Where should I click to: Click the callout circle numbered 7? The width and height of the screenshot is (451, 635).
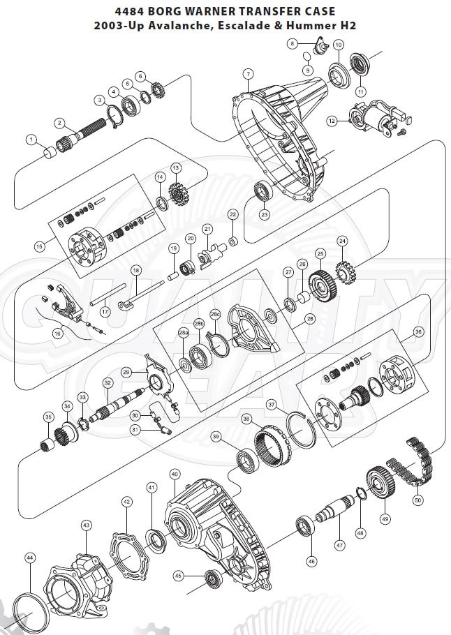(x=248, y=73)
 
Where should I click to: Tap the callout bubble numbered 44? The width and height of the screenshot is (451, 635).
(x=30, y=558)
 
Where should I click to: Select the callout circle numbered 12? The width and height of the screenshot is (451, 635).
(x=332, y=121)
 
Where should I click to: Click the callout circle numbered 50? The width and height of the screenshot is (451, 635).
(x=418, y=500)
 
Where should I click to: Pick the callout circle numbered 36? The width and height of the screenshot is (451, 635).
(x=418, y=331)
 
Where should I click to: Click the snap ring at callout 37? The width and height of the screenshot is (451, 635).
(x=301, y=426)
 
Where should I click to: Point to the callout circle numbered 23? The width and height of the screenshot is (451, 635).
(x=263, y=215)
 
